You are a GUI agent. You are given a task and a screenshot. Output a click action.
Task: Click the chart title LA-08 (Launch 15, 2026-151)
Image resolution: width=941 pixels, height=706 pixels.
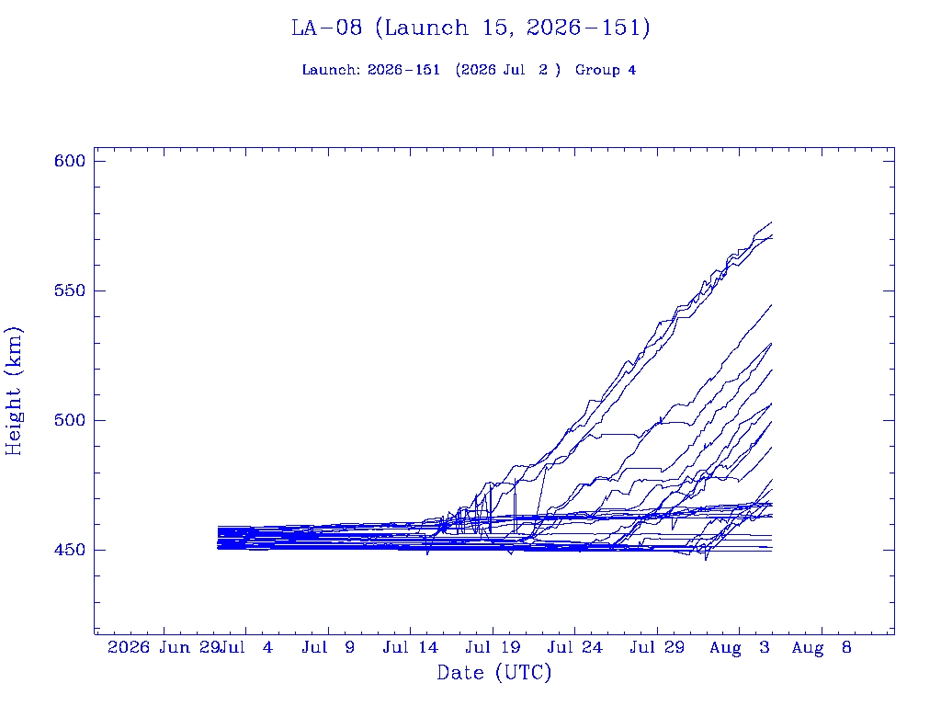470,28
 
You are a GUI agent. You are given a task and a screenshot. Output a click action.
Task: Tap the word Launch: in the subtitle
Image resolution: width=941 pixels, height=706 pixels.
331,70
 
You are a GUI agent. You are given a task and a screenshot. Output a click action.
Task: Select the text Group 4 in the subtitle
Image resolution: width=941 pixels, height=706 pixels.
606,70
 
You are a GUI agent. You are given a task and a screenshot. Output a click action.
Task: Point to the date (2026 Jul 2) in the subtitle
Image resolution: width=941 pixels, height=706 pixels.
507,70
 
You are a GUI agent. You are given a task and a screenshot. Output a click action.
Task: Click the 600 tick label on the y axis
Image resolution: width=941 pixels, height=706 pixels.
70,161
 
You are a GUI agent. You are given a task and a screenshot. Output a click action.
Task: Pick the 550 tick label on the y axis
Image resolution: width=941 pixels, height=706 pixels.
70,290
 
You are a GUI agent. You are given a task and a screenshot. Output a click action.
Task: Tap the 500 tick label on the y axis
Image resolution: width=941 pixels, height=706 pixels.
70,420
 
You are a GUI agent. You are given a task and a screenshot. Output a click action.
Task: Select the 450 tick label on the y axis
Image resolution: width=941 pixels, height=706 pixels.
70,550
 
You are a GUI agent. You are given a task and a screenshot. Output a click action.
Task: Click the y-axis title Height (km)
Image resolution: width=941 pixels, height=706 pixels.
13,391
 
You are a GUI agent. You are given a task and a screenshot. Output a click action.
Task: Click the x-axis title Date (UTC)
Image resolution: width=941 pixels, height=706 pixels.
493,673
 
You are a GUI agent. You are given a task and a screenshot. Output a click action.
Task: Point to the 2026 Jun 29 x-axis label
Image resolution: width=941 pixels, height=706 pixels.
163,647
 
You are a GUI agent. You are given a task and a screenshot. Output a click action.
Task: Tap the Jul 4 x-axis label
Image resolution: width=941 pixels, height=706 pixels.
246,647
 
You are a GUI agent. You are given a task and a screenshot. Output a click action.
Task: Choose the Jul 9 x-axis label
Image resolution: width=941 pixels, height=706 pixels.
328,647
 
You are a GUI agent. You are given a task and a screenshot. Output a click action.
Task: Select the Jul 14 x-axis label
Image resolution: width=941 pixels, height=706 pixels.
411,647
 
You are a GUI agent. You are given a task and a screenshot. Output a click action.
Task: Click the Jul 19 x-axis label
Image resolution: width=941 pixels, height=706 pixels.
493,647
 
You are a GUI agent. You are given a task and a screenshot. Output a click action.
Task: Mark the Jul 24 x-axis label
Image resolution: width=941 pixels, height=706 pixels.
575,647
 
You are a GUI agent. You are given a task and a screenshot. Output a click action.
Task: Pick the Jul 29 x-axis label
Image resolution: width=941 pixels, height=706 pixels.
657,647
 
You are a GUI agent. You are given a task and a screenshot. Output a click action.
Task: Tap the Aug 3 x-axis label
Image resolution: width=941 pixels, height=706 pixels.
740,647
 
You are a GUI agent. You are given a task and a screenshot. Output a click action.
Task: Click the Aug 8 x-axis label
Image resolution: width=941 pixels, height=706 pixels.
822,647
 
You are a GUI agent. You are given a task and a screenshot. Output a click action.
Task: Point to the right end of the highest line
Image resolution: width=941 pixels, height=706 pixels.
772,222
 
